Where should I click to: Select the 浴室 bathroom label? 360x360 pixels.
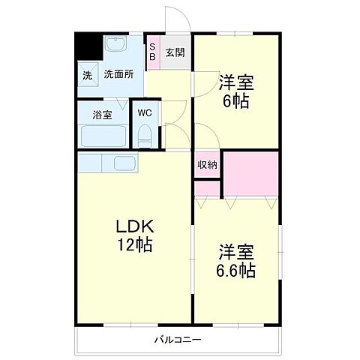[103, 115]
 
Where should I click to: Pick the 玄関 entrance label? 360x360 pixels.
[175, 53]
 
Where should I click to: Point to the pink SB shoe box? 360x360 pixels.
[152, 53]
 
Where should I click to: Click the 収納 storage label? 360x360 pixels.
[208, 165]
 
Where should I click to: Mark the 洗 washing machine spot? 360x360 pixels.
[87, 76]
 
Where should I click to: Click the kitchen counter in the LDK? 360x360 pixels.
[107, 162]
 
